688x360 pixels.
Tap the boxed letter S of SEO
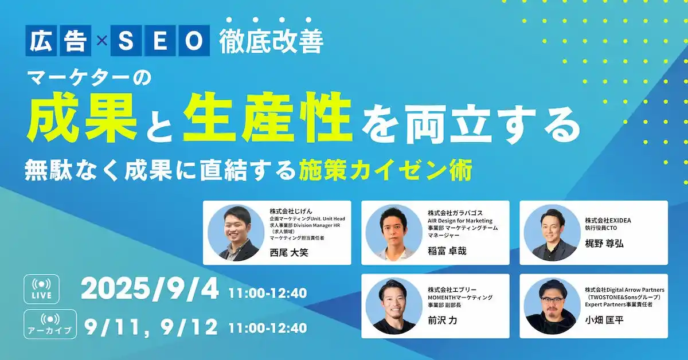126,41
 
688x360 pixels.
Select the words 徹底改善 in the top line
271,41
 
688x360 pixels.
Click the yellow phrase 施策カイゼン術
385,171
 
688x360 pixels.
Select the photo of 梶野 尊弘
550,233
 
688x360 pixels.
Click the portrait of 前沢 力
393,306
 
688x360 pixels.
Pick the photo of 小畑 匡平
550,306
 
